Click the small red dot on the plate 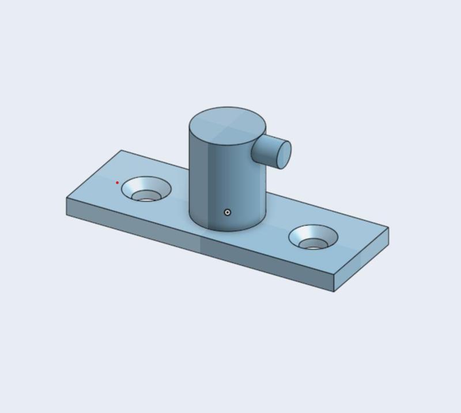(x=117, y=183)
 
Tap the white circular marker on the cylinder (x=228, y=212)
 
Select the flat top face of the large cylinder (x=227, y=124)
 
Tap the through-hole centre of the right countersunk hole (x=313, y=246)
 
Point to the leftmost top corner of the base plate (x=67, y=198)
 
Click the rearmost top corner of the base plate (x=122, y=151)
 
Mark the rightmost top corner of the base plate (x=388, y=228)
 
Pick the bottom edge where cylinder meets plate (x=228, y=231)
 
